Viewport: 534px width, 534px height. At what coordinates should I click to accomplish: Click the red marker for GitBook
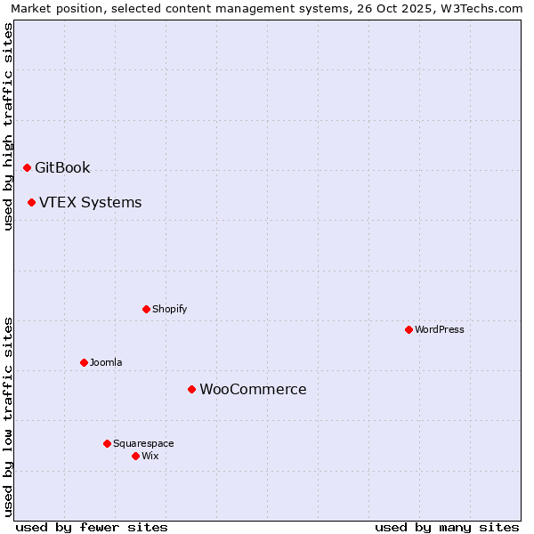[x=27, y=167]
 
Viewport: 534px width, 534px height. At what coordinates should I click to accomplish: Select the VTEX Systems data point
[x=31, y=202]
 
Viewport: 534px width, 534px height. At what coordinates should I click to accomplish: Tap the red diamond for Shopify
[x=146, y=309]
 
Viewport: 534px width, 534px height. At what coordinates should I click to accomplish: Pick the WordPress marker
[x=409, y=329]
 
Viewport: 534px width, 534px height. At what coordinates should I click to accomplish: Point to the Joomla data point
[x=84, y=362]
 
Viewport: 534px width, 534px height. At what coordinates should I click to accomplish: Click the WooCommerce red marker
[x=191, y=389]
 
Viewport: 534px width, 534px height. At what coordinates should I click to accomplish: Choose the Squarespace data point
[x=107, y=443]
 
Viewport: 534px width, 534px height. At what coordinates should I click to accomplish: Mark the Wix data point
[x=135, y=456]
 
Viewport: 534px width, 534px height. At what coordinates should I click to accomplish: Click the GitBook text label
[x=62, y=167]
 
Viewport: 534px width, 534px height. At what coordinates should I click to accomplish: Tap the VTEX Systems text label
[x=90, y=202]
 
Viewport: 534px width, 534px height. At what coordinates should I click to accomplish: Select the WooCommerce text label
[x=253, y=389]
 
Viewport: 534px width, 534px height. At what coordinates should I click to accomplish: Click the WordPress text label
[x=440, y=329]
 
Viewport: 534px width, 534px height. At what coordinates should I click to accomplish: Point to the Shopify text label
[x=169, y=309]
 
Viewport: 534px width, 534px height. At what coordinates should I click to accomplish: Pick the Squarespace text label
[x=143, y=443]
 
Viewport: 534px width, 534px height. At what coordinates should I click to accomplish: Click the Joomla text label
[x=106, y=362]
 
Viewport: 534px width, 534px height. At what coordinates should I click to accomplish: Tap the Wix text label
[x=150, y=456]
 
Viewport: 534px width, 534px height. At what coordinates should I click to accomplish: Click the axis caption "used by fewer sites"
[x=92, y=527]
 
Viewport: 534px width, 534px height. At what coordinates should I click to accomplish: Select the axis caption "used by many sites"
[x=447, y=527]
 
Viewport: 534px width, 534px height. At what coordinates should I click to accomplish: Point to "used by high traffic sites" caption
[x=8, y=127]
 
